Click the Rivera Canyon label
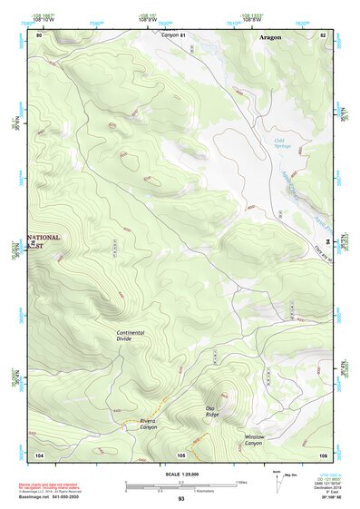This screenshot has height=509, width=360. pyautogui.click(x=148, y=424)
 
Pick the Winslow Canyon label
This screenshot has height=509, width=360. pyautogui.click(x=254, y=439)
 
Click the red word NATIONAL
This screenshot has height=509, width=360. pyautogui.click(x=45, y=238)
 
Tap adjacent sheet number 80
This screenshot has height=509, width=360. pyautogui.click(x=39, y=34)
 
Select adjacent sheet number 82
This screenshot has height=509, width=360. pyautogui.click(x=322, y=34)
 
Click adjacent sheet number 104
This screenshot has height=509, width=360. pyautogui.click(x=39, y=454)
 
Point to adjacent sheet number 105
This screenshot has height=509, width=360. pyautogui.click(x=180, y=454)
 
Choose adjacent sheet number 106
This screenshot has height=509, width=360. pyautogui.click(x=322, y=454)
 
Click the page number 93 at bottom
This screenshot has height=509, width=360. pyautogui.click(x=180, y=500)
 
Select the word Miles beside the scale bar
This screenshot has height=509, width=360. pyautogui.click(x=241, y=482)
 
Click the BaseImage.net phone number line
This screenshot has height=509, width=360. pyautogui.click(x=57, y=496)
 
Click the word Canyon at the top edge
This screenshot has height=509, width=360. pyautogui.click(x=170, y=34)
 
